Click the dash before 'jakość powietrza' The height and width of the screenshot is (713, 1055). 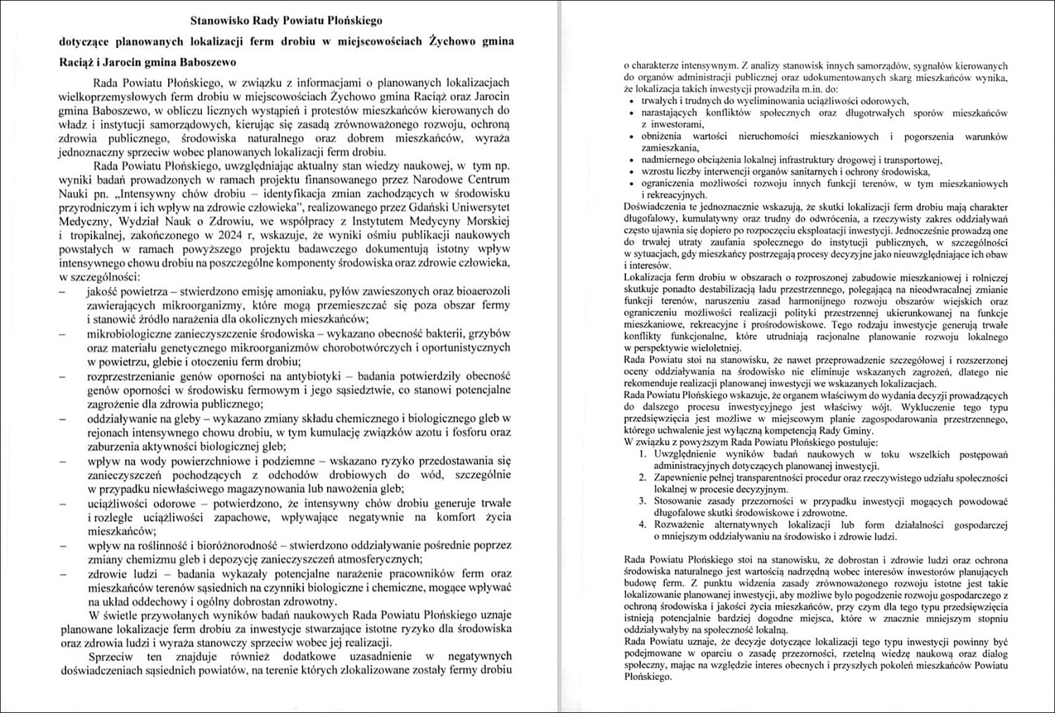tap(64, 291)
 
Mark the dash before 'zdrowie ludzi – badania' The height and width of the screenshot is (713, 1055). tap(64, 574)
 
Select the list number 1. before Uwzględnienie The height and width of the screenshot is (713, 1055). tap(643, 454)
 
